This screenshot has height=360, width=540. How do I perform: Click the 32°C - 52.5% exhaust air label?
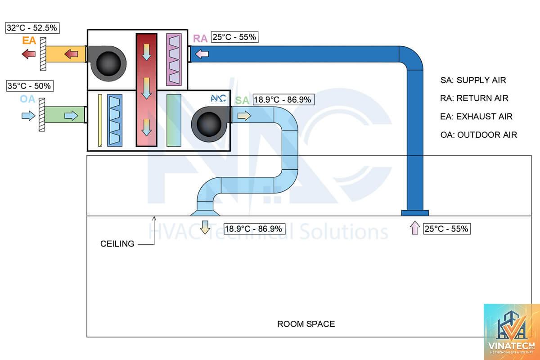[x=32, y=28]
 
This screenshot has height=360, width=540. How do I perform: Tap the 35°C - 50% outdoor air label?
[x=30, y=86]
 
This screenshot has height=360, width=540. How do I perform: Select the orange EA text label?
[x=29, y=40]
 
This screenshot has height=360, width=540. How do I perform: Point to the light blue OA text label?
[x=27, y=99]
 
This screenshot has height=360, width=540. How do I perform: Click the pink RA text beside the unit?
[x=200, y=39]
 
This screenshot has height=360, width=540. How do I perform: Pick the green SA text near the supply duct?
[x=242, y=100]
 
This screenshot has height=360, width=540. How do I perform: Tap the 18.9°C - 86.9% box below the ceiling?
[x=255, y=229]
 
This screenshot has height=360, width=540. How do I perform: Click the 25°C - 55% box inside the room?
[x=447, y=229]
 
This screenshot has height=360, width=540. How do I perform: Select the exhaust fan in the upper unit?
[x=107, y=63]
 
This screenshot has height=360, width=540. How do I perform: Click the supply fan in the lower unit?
[x=210, y=124]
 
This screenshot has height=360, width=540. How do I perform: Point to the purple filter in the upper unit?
[x=174, y=59]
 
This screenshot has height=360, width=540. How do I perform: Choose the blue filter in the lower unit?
[x=115, y=120]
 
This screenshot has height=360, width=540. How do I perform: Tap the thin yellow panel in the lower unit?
[x=100, y=120]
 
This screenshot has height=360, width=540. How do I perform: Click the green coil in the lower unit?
[x=174, y=120]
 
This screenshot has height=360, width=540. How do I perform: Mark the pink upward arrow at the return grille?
[x=415, y=228]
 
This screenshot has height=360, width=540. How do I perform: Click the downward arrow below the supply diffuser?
[x=205, y=227]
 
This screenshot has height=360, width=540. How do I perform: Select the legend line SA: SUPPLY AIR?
[x=473, y=80]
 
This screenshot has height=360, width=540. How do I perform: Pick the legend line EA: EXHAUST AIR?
[x=476, y=117]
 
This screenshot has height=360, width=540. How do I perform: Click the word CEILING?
[x=117, y=244]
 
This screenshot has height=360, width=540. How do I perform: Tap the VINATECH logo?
[x=512, y=332]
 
